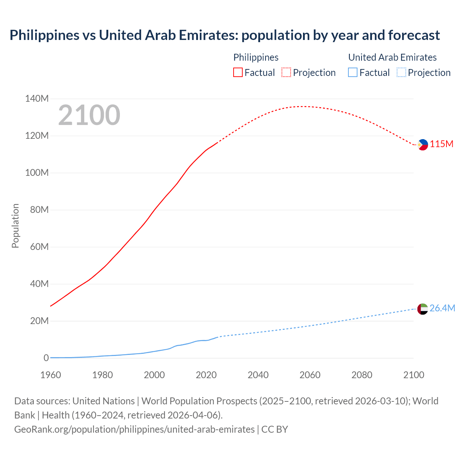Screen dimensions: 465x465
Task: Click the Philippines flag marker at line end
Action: [x=423, y=145]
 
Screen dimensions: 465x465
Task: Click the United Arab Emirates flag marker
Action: [x=422, y=309]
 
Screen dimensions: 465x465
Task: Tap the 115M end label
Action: [x=442, y=144]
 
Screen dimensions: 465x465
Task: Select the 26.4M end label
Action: [x=442, y=308]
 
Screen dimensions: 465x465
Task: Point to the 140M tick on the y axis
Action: [x=37, y=99]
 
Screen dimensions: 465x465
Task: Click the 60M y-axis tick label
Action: [x=37, y=247]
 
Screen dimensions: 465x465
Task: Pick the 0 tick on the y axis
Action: [x=46, y=358]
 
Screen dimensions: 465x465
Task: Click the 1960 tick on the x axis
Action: [x=50, y=375]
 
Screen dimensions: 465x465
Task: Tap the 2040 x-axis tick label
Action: [x=258, y=375]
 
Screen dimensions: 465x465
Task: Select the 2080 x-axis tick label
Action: [x=362, y=375]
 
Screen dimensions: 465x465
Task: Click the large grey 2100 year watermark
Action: [x=89, y=115]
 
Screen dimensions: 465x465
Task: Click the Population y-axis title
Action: [x=15, y=226]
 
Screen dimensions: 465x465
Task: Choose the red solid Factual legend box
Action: [x=238, y=73]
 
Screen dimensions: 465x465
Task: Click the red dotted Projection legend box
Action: [x=286, y=73]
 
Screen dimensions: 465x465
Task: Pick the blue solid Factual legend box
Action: [x=352, y=73]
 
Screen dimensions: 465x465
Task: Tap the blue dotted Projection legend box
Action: [x=401, y=73]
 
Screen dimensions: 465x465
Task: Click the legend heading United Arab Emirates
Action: [x=392, y=57]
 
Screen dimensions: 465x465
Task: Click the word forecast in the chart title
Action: [x=414, y=35]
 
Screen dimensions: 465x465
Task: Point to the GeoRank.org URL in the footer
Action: [x=134, y=429]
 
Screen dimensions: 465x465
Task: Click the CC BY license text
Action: [x=275, y=429]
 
